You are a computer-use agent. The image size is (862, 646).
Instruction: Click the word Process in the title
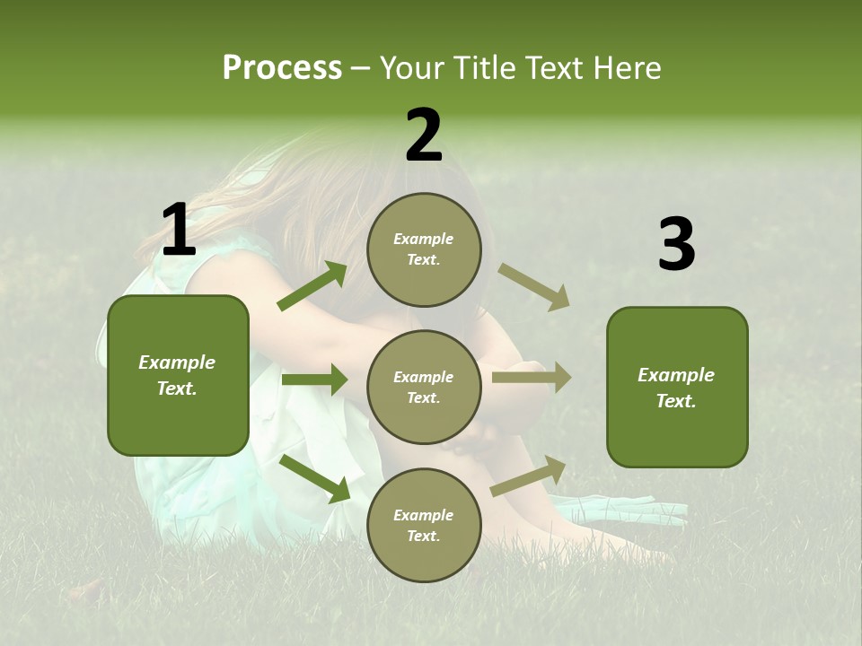[282, 67]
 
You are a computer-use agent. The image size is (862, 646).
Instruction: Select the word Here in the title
[626, 67]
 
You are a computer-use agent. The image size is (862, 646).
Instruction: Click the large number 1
[179, 230]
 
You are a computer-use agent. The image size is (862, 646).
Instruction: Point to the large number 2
[424, 135]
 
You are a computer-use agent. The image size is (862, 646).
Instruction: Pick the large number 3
[676, 244]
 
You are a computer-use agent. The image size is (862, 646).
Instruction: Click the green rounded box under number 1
[178, 375]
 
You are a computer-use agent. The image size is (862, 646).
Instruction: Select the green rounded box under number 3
[677, 387]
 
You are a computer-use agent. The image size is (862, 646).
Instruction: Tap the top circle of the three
[424, 249]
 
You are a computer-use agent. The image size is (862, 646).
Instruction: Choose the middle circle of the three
[424, 388]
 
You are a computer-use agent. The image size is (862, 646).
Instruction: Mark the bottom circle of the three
[424, 526]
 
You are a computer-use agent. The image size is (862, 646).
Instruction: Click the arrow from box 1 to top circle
[312, 286]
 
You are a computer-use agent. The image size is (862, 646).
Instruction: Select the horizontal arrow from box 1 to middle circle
[314, 380]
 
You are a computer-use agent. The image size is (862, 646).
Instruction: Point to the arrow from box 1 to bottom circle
[315, 477]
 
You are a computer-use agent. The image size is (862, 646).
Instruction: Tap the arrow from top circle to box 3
[533, 286]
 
